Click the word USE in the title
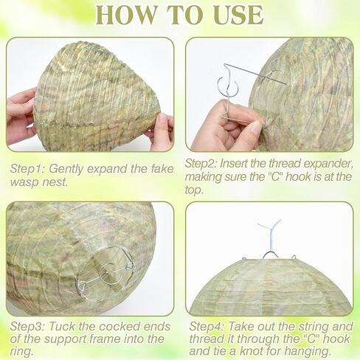click(238, 15)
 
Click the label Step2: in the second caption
click(201, 164)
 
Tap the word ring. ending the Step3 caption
click(21, 352)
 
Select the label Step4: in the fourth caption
click(207, 327)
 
